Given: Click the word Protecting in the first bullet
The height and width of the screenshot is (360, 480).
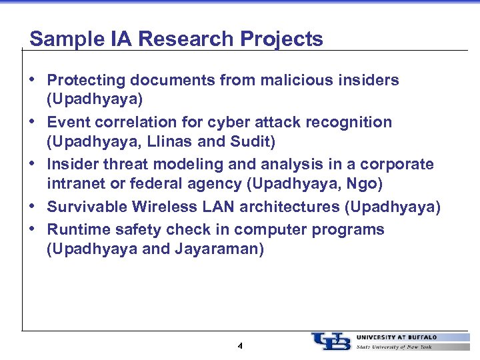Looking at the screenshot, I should pos(87,81).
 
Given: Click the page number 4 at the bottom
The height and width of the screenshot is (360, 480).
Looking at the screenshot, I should pos(240,346).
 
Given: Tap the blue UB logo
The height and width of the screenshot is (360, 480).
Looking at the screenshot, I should pos(330,341).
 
